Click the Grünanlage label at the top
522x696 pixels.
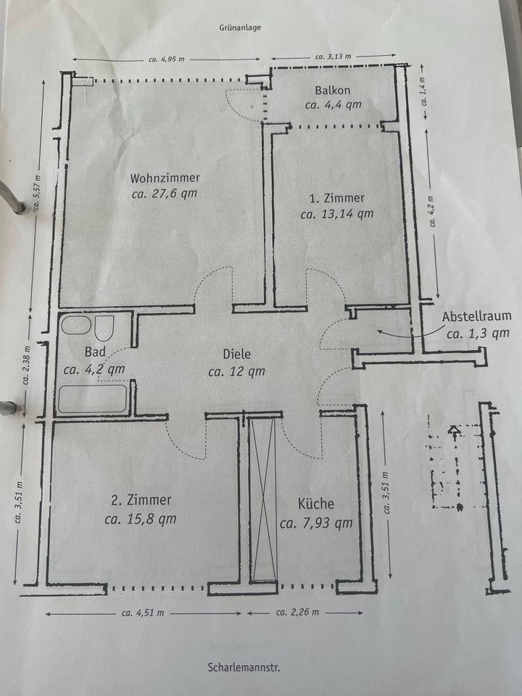[239, 28]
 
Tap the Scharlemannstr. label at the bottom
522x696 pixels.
[243, 666]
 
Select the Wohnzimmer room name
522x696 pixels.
[165, 178]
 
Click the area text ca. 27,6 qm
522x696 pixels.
[165, 194]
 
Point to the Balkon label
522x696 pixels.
[333, 91]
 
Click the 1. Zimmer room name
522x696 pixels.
[337, 198]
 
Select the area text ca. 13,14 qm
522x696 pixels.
[337, 214]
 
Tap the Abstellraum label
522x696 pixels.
[477, 316]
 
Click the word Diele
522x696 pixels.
[236, 355]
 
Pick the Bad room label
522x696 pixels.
[95, 352]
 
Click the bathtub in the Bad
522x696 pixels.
[92, 399]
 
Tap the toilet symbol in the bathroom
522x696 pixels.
[104, 328]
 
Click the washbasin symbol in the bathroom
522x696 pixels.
[76, 326]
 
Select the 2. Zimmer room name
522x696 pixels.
[141, 500]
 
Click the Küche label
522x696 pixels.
[316, 505]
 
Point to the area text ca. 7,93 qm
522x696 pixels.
[316, 523]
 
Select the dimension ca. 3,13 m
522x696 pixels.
[333, 56]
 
